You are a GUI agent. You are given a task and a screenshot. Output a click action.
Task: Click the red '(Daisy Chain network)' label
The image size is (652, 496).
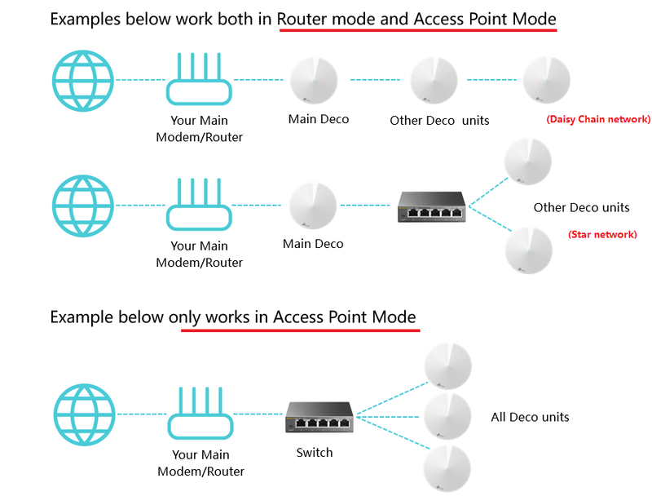point(598,119)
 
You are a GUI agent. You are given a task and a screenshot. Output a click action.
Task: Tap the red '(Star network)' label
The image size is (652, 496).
point(602,234)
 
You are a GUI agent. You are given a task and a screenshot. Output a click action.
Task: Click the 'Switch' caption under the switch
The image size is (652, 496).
point(315,452)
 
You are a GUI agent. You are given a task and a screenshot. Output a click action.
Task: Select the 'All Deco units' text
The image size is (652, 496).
point(530,417)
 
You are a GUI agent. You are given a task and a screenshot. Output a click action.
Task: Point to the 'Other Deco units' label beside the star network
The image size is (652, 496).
point(581,207)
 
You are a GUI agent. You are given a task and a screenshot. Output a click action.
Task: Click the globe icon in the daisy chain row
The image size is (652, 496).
point(83,80)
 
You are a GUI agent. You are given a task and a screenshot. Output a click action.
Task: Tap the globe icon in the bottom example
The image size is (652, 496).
point(83,415)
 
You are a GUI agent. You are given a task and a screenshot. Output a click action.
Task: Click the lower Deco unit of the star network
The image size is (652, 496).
point(528,250)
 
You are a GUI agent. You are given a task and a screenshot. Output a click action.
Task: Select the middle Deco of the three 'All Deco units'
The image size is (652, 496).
point(447,417)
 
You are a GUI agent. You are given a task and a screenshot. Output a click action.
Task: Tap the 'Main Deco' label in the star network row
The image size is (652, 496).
point(313,243)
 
